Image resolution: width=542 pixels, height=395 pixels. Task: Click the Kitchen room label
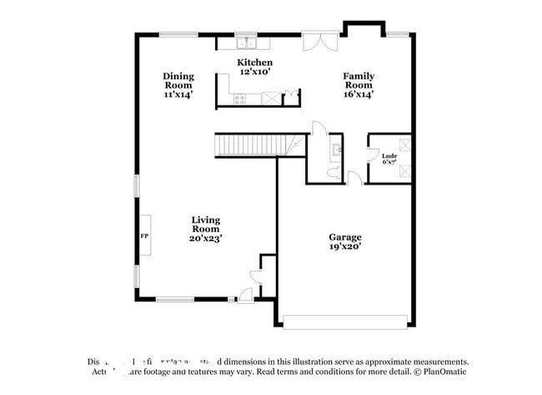(254, 63)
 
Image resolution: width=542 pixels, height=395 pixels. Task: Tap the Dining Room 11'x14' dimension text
(178, 95)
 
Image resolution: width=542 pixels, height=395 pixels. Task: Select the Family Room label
(359, 80)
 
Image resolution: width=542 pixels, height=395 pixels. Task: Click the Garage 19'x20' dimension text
(344, 248)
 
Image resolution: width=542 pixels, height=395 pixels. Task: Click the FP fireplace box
(143, 236)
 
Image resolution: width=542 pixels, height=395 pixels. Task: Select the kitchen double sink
(247, 43)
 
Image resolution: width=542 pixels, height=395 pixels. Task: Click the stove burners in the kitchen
(240, 99)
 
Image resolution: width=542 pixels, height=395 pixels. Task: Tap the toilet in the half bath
(334, 172)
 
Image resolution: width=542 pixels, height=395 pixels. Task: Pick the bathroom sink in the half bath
(335, 151)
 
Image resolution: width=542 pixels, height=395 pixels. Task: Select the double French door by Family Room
(320, 42)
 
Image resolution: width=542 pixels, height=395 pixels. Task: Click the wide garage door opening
(344, 322)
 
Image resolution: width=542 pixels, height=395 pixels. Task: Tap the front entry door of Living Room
(246, 294)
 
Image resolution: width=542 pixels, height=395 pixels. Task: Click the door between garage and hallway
(354, 178)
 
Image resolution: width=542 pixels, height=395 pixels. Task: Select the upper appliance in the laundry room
(404, 144)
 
